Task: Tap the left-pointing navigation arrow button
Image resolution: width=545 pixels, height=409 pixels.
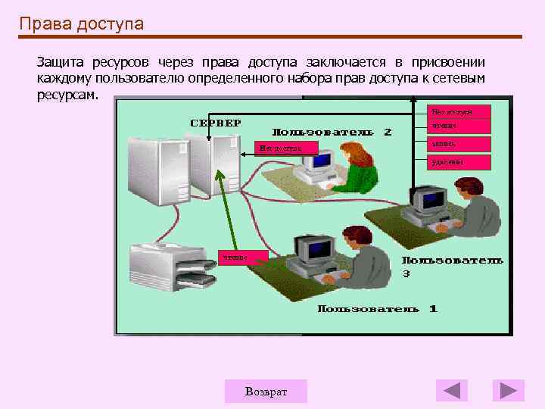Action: pyautogui.click(x=452, y=390)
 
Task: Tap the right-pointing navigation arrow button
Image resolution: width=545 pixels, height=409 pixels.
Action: pyautogui.click(x=508, y=390)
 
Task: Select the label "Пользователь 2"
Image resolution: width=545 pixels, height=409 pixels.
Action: pyautogui.click(x=332, y=132)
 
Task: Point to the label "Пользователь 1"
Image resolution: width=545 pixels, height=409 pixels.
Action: pyautogui.click(x=377, y=309)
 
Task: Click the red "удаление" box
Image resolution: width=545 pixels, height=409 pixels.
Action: pyautogui.click(x=459, y=161)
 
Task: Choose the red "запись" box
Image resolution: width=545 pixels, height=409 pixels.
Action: pyautogui.click(x=459, y=143)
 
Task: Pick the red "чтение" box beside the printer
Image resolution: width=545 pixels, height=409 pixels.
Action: pyautogui.click(x=244, y=258)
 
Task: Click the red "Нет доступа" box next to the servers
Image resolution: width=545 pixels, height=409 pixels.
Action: pyautogui.click(x=286, y=148)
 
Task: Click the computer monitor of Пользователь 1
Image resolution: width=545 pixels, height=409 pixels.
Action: pyautogui.click(x=314, y=251)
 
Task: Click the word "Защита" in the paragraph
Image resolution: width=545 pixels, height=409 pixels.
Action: pyautogui.click(x=61, y=61)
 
